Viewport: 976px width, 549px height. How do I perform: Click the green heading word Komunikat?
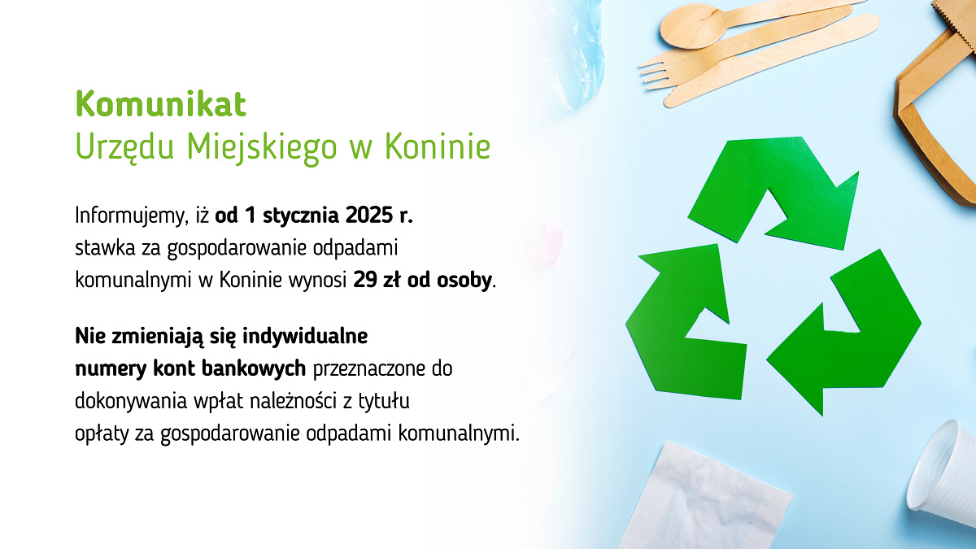pyautogui.click(x=160, y=104)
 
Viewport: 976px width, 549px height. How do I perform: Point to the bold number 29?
pyautogui.click(x=364, y=281)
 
